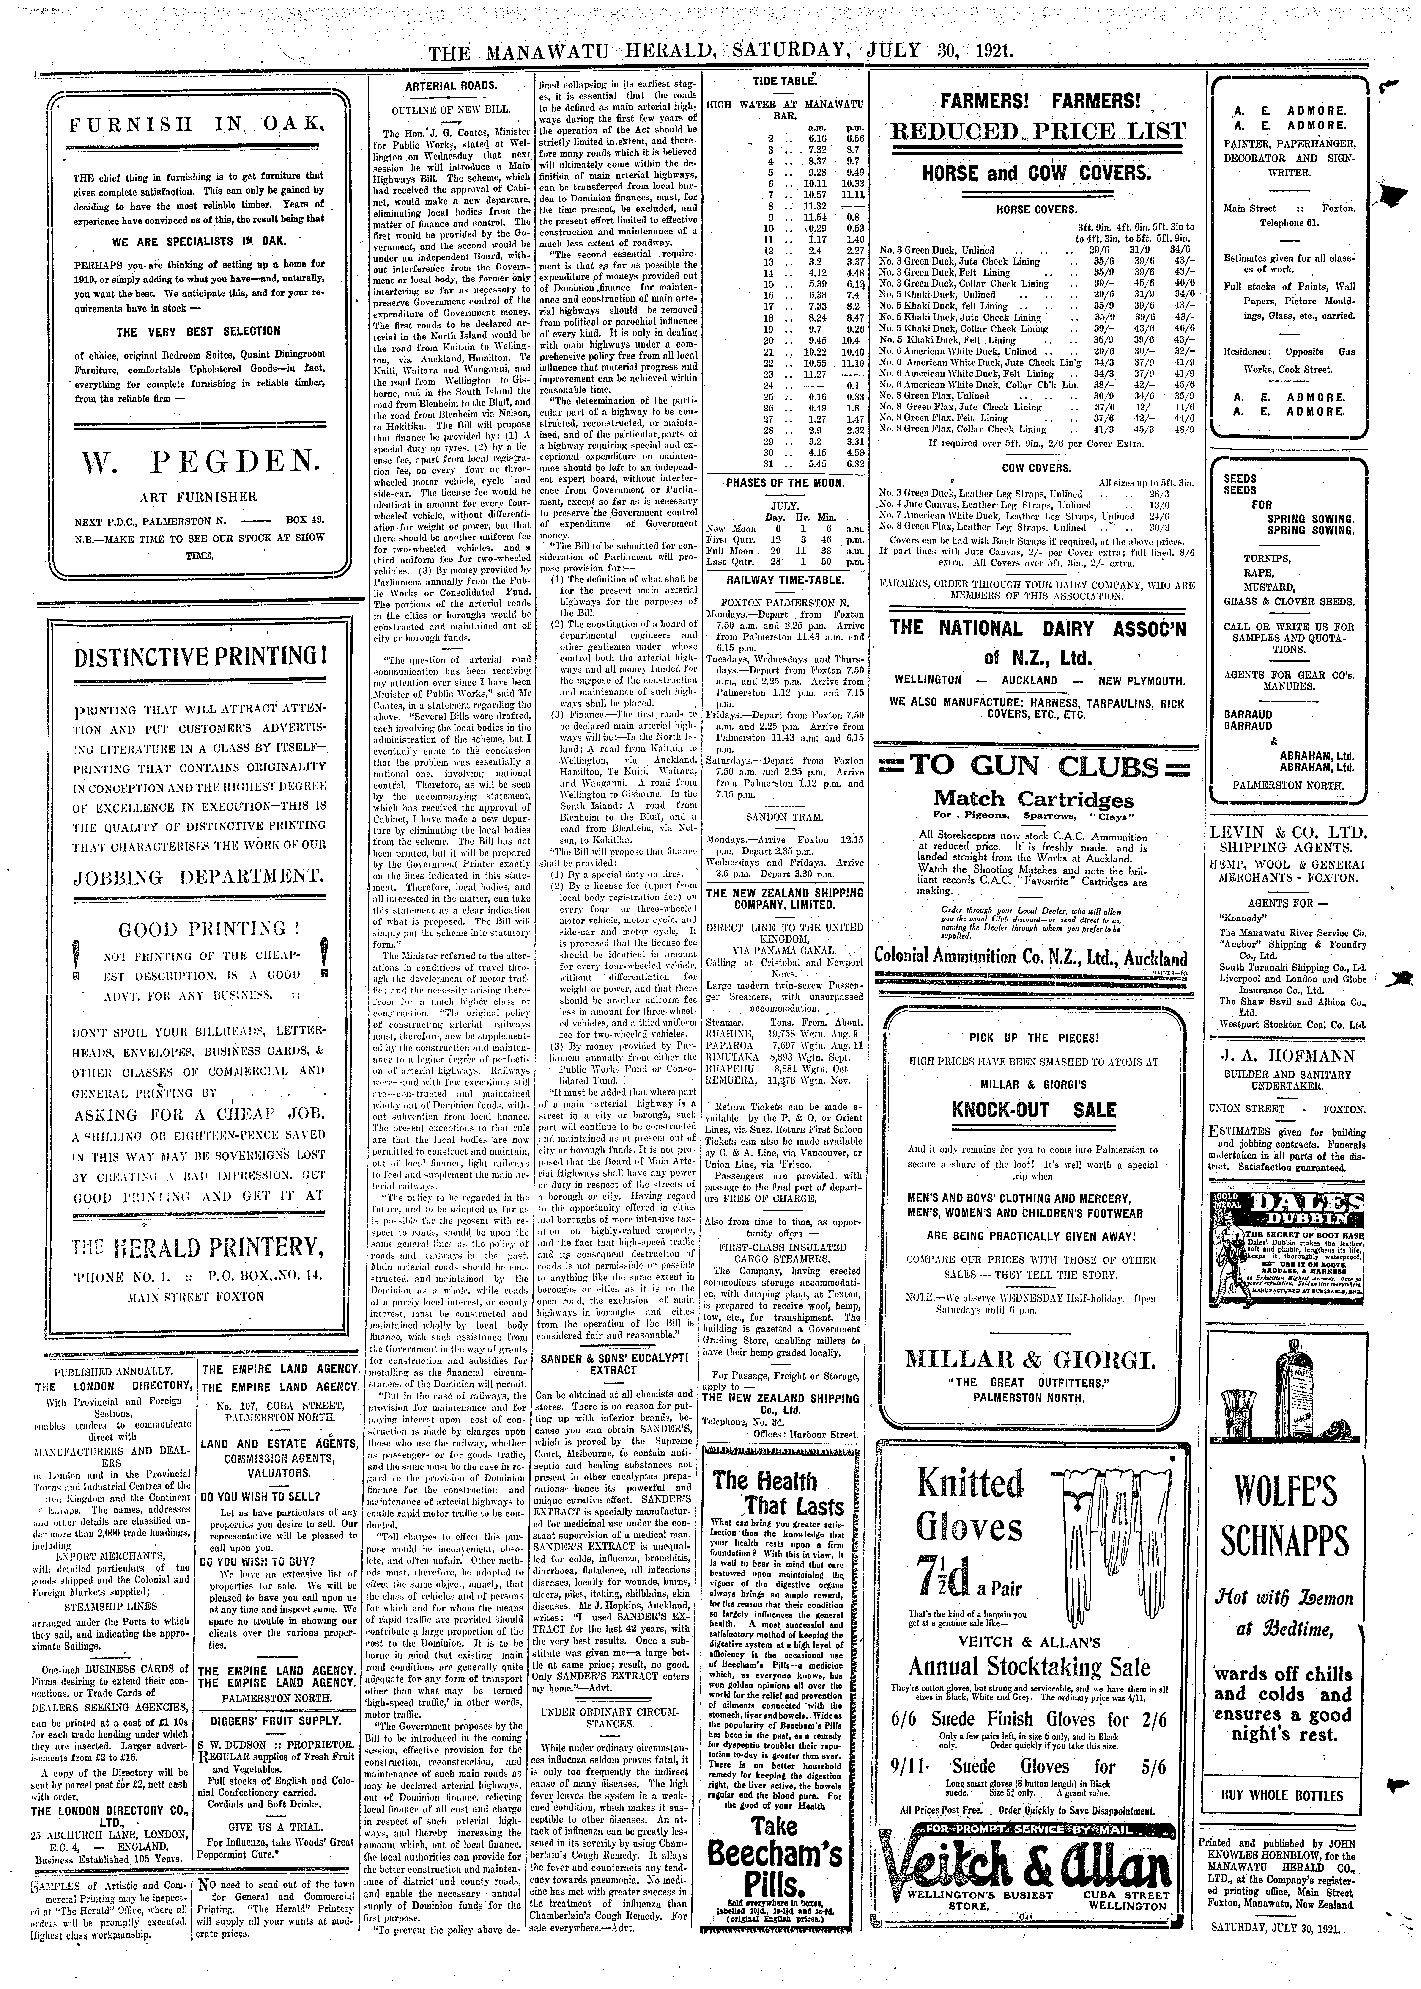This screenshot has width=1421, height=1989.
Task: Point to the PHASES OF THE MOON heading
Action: [785, 482]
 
